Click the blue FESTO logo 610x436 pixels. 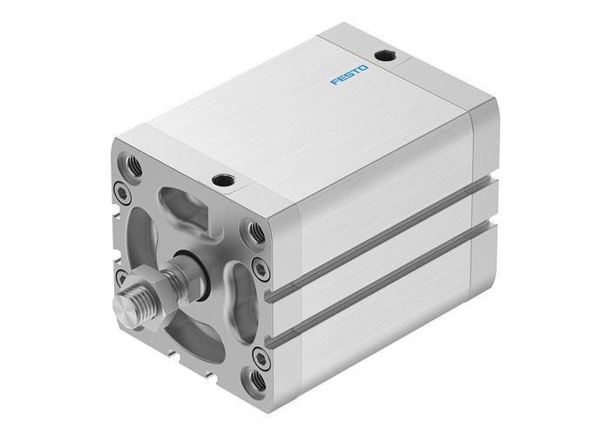point(349,74)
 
